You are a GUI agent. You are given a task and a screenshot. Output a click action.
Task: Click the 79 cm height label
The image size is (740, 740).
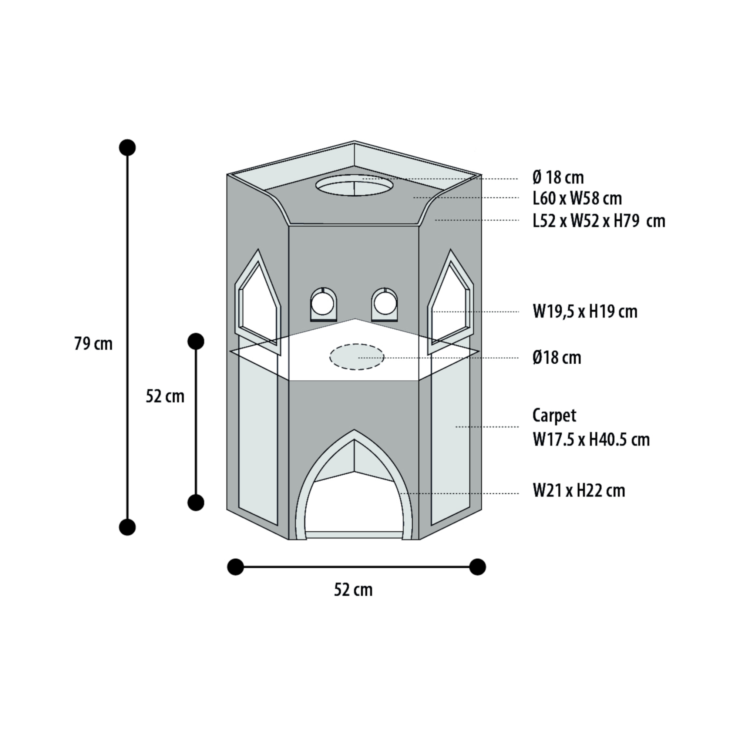(94, 344)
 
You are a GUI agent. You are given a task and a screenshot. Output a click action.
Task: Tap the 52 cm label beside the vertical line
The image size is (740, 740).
(165, 396)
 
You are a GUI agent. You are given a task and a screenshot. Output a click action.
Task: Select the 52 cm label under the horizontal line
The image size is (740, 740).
(353, 590)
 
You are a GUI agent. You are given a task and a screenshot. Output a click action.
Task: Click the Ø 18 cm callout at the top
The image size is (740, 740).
(558, 177)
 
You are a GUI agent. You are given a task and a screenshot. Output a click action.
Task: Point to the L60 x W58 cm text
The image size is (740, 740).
(577, 198)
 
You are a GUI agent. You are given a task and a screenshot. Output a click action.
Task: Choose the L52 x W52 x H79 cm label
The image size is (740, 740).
(599, 221)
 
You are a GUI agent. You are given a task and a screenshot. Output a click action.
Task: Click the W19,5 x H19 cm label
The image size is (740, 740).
(585, 312)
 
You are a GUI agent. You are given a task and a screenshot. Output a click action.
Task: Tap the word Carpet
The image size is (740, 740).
(554, 416)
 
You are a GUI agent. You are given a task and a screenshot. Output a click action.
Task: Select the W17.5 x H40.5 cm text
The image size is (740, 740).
(591, 439)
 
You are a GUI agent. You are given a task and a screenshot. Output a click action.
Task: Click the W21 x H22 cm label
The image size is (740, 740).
(579, 491)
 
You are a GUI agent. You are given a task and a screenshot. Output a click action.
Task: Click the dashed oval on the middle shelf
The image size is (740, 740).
(357, 357)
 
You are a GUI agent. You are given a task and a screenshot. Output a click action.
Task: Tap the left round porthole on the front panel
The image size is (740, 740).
(323, 305)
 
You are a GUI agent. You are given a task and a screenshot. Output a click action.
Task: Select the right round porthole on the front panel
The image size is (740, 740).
(384, 305)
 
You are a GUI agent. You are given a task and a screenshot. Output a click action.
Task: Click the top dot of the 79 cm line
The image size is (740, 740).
(128, 148)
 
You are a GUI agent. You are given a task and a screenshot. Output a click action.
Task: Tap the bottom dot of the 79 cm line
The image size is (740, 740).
(128, 527)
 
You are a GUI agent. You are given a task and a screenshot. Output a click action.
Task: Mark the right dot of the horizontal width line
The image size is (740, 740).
(478, 567)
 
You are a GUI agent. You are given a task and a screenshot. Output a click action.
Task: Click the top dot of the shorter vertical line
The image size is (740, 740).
(196, 341)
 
